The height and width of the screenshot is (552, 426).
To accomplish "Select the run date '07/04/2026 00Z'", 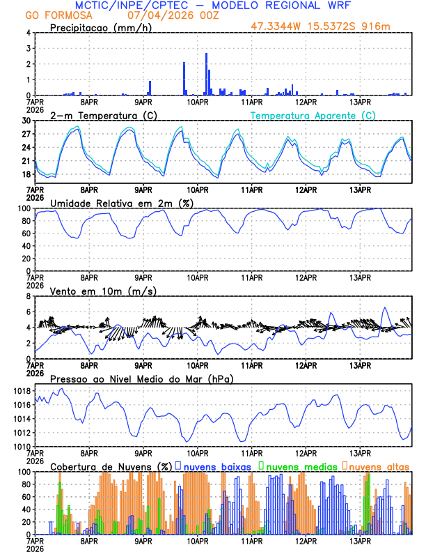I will pos(166,15).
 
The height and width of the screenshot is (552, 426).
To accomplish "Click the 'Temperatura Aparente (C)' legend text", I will pos(313,115).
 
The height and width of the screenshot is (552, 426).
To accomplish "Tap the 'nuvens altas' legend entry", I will pos(378,466).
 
